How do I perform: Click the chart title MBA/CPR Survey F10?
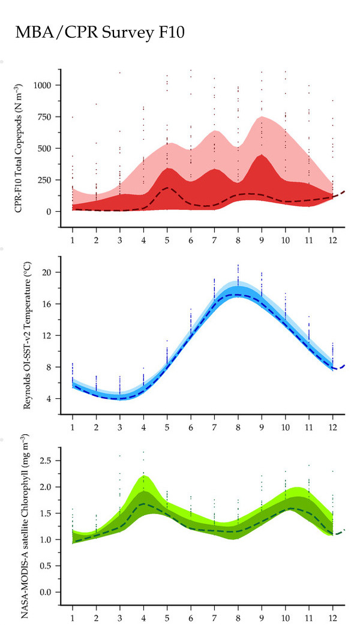(x=100, y=32)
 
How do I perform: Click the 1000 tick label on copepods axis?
(x=42, y=85)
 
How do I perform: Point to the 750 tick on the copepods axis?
(x=45, y=117)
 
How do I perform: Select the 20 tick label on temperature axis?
(x=47, y=272)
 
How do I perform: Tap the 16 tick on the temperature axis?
(x=47, y=304)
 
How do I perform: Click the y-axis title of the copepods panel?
(x=18, y=148)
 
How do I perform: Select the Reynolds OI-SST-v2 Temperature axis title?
(x=27, y=335)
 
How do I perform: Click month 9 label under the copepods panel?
(x=262, y=241)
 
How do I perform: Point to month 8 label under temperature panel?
(x=238, y=427)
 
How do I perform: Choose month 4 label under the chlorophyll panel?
(x=143, y=618)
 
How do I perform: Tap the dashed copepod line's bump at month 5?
(x=167, y=188)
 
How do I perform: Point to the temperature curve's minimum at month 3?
(x=120, y=398)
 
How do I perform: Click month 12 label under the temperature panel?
(x=332, y=427)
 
